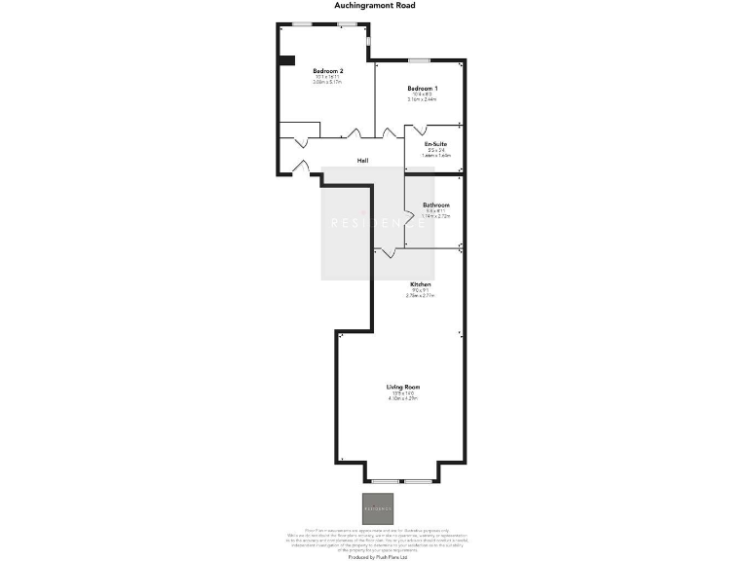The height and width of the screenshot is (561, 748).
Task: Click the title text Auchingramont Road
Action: coord(374,5)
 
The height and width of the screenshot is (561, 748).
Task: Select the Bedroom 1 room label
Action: coord(421,89)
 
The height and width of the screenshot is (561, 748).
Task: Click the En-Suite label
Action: coord(434,144)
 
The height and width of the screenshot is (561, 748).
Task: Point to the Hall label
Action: coord(362,161)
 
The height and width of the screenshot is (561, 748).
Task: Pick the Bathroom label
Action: coord(435,205)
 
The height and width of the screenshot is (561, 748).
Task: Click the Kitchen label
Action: coord(420,284)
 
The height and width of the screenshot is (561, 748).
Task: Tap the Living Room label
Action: coord(403,387)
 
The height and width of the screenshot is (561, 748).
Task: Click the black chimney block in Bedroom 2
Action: coord(286,61)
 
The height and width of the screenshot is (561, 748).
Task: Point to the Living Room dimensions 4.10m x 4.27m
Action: coord(403,398)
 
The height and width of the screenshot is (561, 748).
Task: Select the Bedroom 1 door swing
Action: coord(392,132)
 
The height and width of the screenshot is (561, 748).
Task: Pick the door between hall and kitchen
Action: coord(387,252)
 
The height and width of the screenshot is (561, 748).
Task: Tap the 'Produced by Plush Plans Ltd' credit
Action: coord(374,556)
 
